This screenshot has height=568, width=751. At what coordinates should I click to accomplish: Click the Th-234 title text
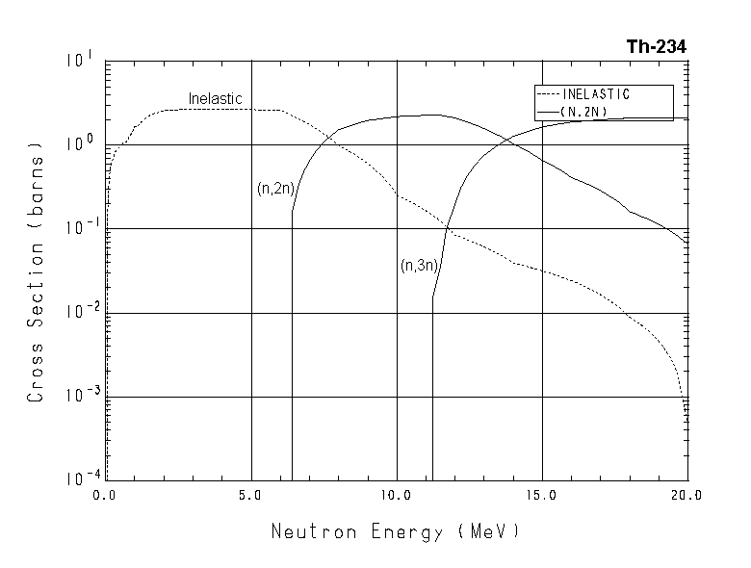656,46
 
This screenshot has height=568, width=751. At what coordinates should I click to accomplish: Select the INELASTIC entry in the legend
595,94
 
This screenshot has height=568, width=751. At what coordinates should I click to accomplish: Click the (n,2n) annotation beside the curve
274,189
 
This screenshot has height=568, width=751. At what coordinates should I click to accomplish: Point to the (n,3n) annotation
419,266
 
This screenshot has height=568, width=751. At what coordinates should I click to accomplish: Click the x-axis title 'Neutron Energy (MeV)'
395,531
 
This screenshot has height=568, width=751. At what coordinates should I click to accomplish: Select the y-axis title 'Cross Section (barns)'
37,274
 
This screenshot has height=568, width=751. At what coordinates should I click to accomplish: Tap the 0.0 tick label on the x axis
106,496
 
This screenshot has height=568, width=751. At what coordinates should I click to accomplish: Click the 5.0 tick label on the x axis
250,496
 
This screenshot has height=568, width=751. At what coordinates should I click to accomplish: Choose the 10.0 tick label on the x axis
397,496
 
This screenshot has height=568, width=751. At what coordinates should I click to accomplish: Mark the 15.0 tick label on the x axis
542,496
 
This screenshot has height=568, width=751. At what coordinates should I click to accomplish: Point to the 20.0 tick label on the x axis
686,496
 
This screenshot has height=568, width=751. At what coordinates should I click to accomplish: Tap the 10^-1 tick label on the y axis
78,229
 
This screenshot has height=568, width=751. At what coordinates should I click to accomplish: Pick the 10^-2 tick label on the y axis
78,313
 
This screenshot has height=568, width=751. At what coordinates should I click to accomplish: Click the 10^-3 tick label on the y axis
78,397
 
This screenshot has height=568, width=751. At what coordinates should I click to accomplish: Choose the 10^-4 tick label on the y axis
78,479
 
